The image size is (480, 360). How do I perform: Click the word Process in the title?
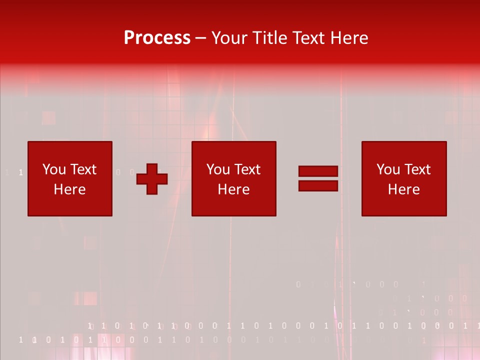(x=157, y=38)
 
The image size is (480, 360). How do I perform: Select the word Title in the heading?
(x=269, y=38)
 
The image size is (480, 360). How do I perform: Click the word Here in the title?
(x=349, y=38)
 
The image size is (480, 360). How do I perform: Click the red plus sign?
(x=152, y=179)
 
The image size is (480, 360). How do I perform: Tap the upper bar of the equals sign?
(x=318, y=171)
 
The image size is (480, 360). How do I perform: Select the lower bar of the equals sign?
(x=318, y=185)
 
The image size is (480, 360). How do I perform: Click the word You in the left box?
(x=54, y=169)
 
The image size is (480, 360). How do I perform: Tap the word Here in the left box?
(x=69, y=189)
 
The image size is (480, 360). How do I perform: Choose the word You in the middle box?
(x=218, y=169)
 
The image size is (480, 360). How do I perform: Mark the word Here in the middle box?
(x=233, y=189)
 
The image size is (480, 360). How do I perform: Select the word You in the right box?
(x=388, y=169)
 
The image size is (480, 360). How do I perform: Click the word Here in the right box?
(x=403, y=189)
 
